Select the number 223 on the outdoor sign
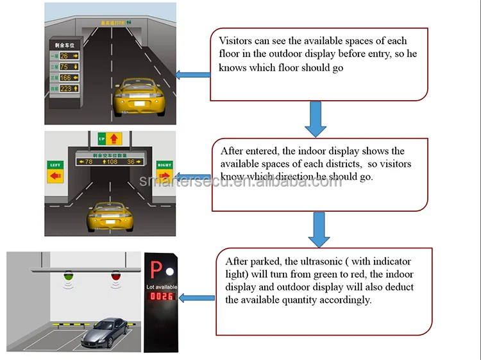(x=65, y=89)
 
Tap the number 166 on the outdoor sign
(x=65, y=78)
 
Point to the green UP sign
(x=101, y=138)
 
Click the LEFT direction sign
(x=56, y=170)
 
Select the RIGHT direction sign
(x=164, y=170)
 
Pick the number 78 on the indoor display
(x=89, y=162)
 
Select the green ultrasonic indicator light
(x=69, y=277)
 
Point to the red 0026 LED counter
(x=162, y=297)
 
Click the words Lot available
(x=162, y=286)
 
